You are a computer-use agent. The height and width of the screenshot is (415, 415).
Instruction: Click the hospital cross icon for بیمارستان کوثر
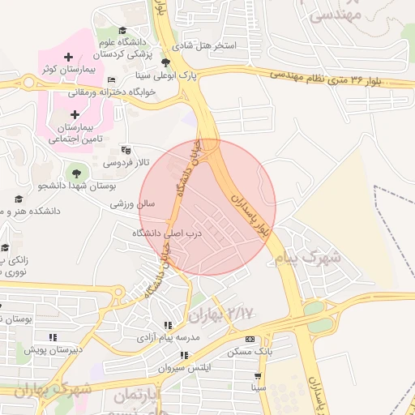pos(67,57)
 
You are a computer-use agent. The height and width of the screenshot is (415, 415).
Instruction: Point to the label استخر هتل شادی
pos(209,45)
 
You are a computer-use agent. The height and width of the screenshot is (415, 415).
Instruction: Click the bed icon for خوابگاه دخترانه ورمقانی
pos(111,80)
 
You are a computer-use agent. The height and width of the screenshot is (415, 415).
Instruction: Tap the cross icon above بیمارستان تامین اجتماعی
pos(75,114)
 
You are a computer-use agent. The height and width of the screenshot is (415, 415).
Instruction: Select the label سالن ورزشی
pos(132,204)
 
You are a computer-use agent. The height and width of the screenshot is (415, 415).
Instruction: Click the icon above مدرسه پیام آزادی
pos(168,324)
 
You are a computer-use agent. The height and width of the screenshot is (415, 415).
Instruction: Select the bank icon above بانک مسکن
pos(249,339)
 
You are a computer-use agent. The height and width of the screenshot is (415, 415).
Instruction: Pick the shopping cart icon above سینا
pos(259,376)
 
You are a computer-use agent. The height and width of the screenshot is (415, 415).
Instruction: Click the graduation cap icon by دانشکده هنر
pos(19,199)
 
